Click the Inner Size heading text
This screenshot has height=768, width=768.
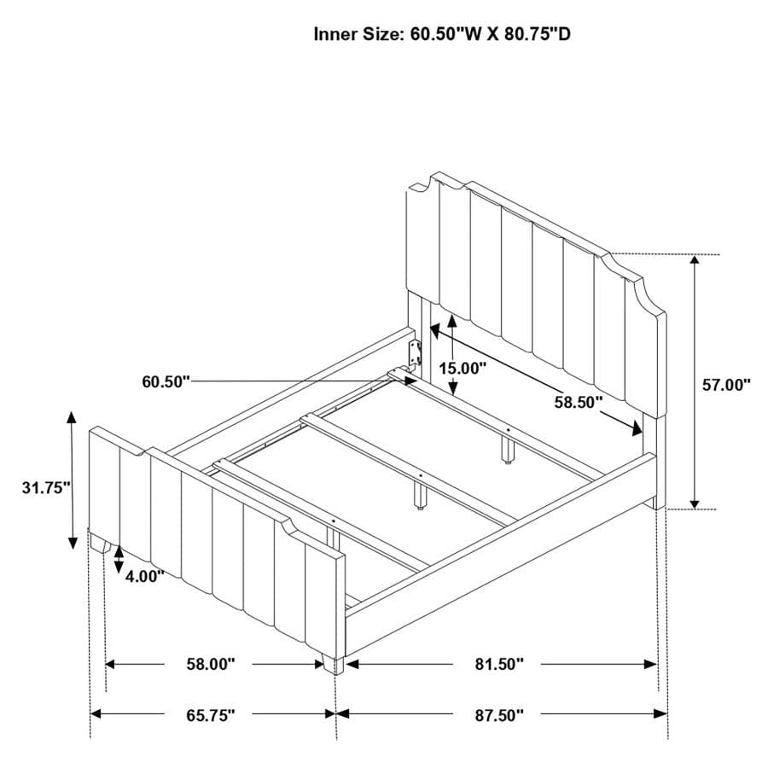[x=442, y=34]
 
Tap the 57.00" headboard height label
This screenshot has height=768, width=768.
[x=726, y=385]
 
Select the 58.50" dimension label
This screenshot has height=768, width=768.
[x=578, y=402]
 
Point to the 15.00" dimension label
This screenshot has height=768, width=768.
[x=463, y=368]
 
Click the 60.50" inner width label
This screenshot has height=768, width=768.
[x=166, y=381]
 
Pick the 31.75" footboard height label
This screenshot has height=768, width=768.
[x=47, y=487]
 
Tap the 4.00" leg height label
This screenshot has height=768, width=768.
[x=144, y=576]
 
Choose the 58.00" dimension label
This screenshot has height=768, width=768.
[x=211, y=664]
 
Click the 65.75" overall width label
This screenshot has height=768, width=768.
[x=211, y=715]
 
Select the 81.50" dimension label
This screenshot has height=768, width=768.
[x=499, y=664]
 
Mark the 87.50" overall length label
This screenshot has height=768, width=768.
[x=499, y=715]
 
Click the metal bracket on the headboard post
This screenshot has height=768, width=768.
[x=416, y=353]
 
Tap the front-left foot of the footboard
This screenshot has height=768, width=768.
[x=102, y=544]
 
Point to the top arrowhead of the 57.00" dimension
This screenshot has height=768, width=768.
[x=694, y=260]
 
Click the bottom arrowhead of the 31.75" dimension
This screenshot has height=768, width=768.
[x=73, y=543]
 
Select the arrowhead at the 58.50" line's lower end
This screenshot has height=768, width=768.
[x=637, y=429]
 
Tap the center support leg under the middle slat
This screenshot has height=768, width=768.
[x=419, y=496]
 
